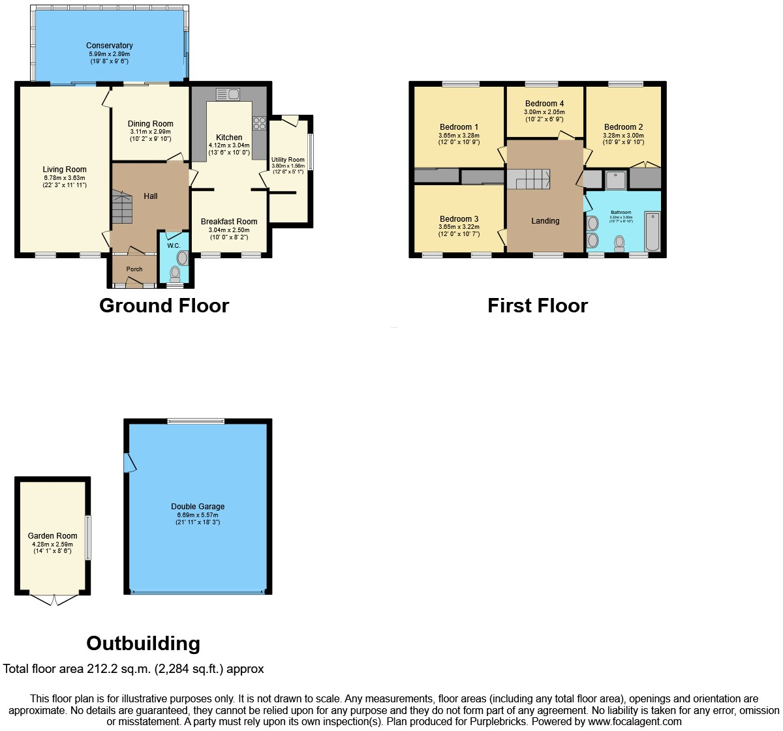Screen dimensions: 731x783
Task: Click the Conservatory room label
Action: (110, 46)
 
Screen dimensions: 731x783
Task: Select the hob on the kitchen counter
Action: (259, 123)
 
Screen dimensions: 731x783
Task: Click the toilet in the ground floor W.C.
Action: (175, 273)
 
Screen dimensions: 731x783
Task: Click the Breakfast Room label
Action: (229, 222)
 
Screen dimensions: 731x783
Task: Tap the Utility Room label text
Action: (288, 160)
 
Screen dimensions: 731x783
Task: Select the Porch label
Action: (134, 269)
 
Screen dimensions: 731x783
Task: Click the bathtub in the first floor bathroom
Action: (652, 231)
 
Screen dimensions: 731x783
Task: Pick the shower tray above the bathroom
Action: (615, 180)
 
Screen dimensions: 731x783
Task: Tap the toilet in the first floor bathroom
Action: (619, 243)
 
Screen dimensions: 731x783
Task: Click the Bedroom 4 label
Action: (544, 104)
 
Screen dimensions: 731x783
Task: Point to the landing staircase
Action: (529, 179)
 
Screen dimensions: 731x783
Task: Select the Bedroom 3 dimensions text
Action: (459, 230)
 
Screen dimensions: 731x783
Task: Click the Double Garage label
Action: (198, 507)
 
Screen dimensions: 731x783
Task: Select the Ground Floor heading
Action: (164, 306)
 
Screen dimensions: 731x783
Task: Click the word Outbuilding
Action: (143, 644)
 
